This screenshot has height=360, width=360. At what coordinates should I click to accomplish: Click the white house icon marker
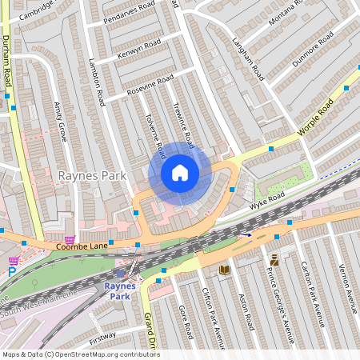pos(180,173)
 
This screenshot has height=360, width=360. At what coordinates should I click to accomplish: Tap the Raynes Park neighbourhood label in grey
pos(90,174)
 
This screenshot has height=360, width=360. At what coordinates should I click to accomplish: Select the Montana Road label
pos(286,14)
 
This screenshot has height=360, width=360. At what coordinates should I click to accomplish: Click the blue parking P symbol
pos(12,272)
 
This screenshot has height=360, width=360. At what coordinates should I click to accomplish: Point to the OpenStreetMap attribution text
pos(82,354)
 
